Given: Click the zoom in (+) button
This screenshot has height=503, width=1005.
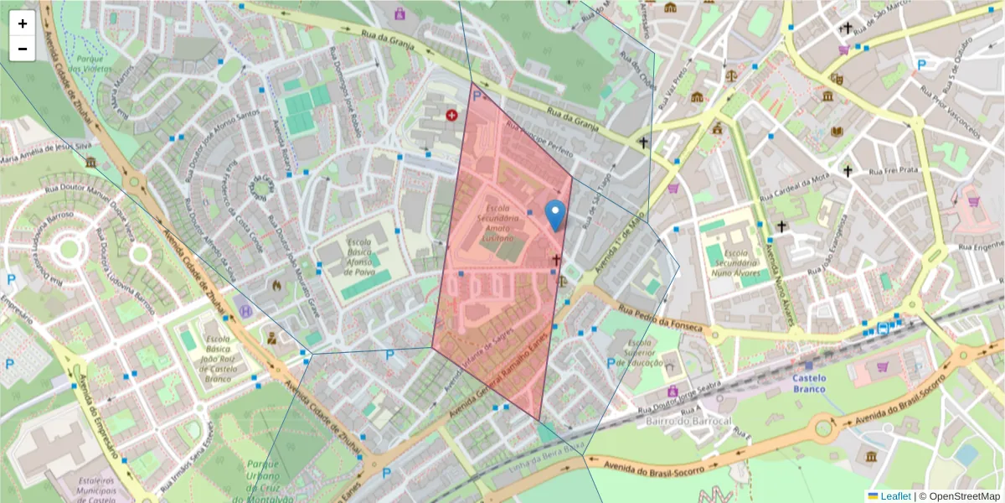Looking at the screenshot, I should (23, 23).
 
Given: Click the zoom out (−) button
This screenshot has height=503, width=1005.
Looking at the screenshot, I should (23, 49).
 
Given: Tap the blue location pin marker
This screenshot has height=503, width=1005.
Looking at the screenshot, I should (554, 215).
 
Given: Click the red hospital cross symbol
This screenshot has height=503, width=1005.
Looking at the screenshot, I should (452, 114).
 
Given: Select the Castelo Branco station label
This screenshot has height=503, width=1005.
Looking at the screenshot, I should (809, 383).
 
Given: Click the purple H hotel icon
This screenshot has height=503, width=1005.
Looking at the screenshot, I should (245, 310).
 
